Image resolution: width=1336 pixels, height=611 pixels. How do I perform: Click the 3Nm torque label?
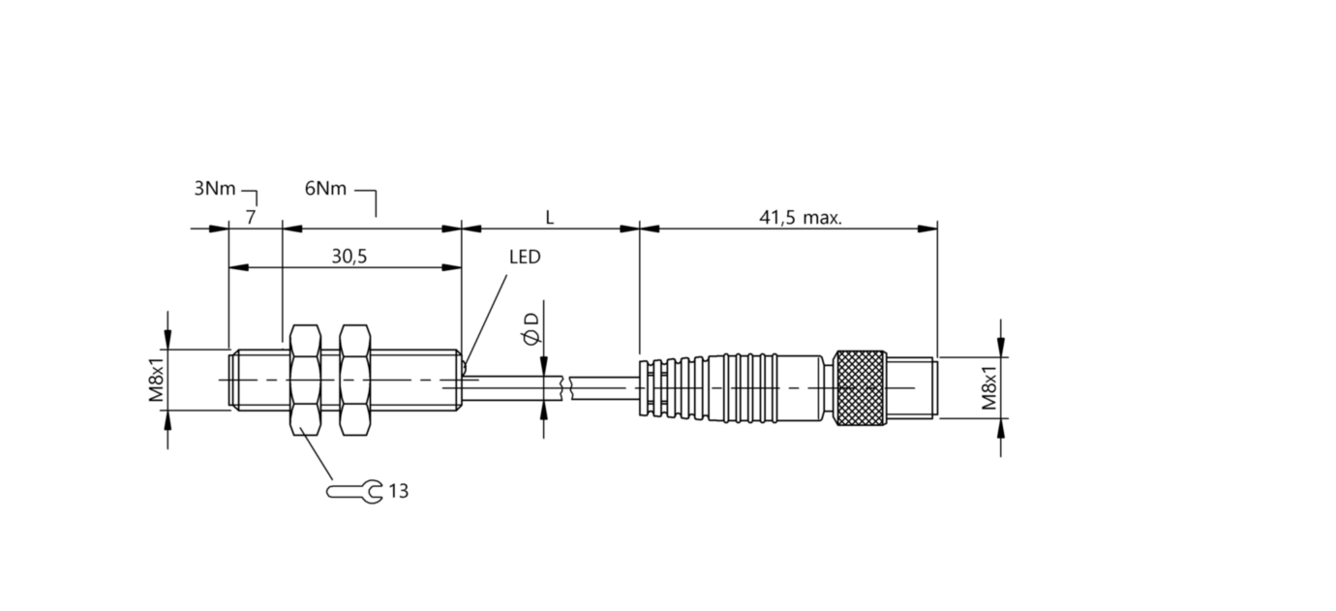[214, 189]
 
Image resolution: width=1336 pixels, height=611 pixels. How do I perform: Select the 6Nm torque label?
[325, 189]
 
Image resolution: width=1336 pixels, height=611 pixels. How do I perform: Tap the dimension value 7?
[251, 218]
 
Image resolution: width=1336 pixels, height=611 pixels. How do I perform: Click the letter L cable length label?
[549, 218]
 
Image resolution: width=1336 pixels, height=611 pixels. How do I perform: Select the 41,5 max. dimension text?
[800, 218]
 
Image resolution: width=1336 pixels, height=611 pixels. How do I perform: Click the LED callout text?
[525, 258]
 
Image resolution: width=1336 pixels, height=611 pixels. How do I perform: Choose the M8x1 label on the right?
[989, 387]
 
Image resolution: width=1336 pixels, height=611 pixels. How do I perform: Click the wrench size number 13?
[398, 492]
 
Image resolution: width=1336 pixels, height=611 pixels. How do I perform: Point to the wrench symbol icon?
[354, 492]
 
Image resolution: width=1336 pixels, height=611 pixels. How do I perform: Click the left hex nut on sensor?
[305, 380]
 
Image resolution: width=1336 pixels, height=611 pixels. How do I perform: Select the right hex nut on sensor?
[355, 380]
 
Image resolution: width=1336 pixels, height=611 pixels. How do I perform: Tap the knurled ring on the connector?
[862, 387]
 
